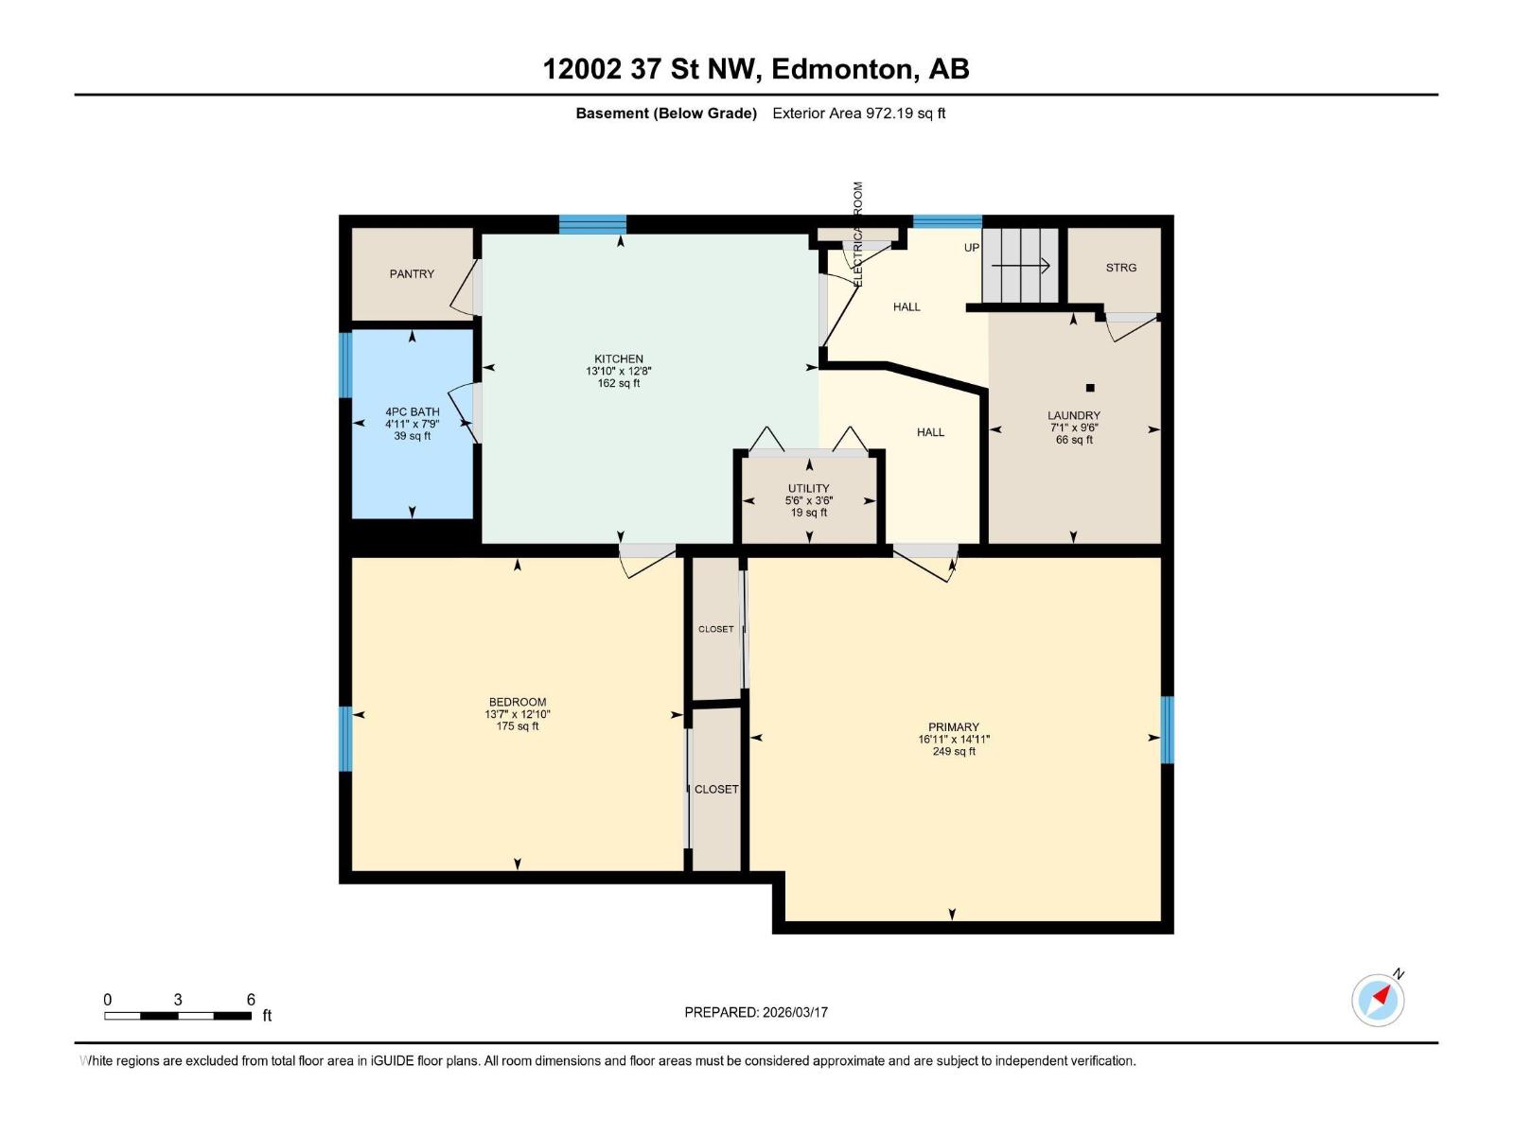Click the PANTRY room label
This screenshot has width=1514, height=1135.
pyautogui.click(x=412, y=274)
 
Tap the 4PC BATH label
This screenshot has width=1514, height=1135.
pyautogui.click(x=412, y=411)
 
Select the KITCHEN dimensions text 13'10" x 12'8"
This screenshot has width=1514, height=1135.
pyautogui.click(x=618, y=372)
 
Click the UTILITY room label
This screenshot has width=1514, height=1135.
pyautogui.click(x=808, y=489)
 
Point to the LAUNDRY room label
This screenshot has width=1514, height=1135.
pyautogui.click(x=1073, y=415)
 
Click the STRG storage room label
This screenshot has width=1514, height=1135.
pyautogui.click(x=1120, y=268)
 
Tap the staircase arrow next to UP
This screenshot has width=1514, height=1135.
pyautogui.click(x=1022, y=267)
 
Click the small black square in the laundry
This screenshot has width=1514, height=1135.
pyautogui.click(x=1090, y=388)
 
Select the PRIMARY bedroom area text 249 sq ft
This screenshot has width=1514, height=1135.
pyautogui.click(x=953, y=752)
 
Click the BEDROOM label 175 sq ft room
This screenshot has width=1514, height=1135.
pyautogui.click(x=517, y=703)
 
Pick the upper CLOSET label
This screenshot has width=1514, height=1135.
pyautogui.click(x=715, y=629)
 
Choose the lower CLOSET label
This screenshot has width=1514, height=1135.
pyautogui.click(x=715, y=789)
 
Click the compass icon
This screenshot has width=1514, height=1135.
pyautogui.click(x=1378, y=1000)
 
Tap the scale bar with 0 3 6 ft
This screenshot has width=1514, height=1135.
pyautogui.click(x=178, y=1016)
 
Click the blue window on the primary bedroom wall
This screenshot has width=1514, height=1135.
pyautogui.click(x=1167, y=729)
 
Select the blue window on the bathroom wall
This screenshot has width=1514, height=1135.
pyautogui.click(x=345, y=365)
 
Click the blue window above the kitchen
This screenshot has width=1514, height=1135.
pyautogui.click(x=592, y=224)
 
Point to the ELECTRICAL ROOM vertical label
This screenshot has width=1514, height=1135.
pyautogui.click(x=858, y=235)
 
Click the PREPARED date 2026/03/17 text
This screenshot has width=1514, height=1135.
pyautogui.click(x=756, y=1012)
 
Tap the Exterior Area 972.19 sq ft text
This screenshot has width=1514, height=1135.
pyautogui.click(x=858, y=113)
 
